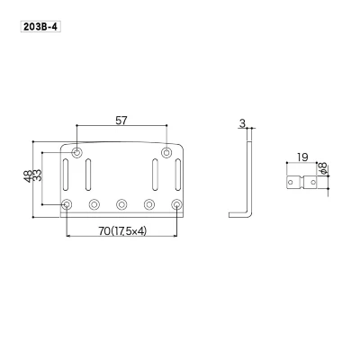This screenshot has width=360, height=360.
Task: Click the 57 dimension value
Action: [x=121, y=118]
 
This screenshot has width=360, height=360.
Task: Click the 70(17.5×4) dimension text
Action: [x=121, y=231]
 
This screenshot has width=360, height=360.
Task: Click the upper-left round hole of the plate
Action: [x=77, y=151]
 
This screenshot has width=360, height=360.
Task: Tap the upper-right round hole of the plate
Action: [x=166, y=151]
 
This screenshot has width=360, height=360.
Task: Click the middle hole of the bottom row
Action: [x=121, y=204]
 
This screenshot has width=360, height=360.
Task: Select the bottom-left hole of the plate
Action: [x=67, y=204]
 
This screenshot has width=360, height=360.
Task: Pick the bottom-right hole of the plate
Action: [x=176, y=204]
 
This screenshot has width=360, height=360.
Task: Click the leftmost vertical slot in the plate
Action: [x=67, y=172]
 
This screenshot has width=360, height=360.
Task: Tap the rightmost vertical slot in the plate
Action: [x=177, y=172]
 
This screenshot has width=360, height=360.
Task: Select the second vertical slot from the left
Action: [x=89, y=172]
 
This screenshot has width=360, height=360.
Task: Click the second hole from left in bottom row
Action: [x=94, y=204]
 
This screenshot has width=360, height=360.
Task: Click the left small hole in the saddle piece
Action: [x=293, y=184]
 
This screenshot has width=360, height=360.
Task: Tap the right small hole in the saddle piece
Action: [x=313, y=184]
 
